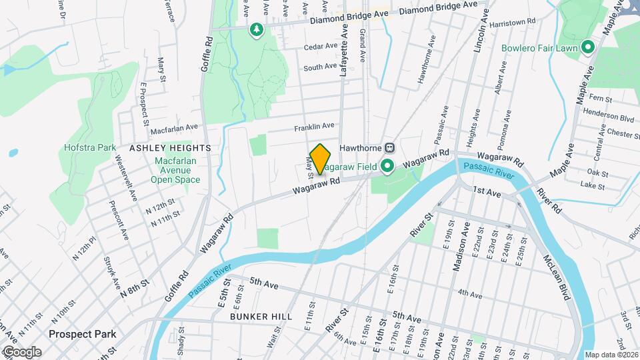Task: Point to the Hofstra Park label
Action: tap(90, 147)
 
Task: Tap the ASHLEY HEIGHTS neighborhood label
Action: tap(170, 147)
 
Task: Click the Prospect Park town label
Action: tap(82, 334)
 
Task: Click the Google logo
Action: tap(21, 352)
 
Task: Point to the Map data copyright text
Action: tap(611, 355)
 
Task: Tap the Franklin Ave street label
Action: tap(314, 126)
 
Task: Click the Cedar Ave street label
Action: tap(321, 46)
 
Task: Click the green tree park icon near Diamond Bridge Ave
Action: tap(256, 29)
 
